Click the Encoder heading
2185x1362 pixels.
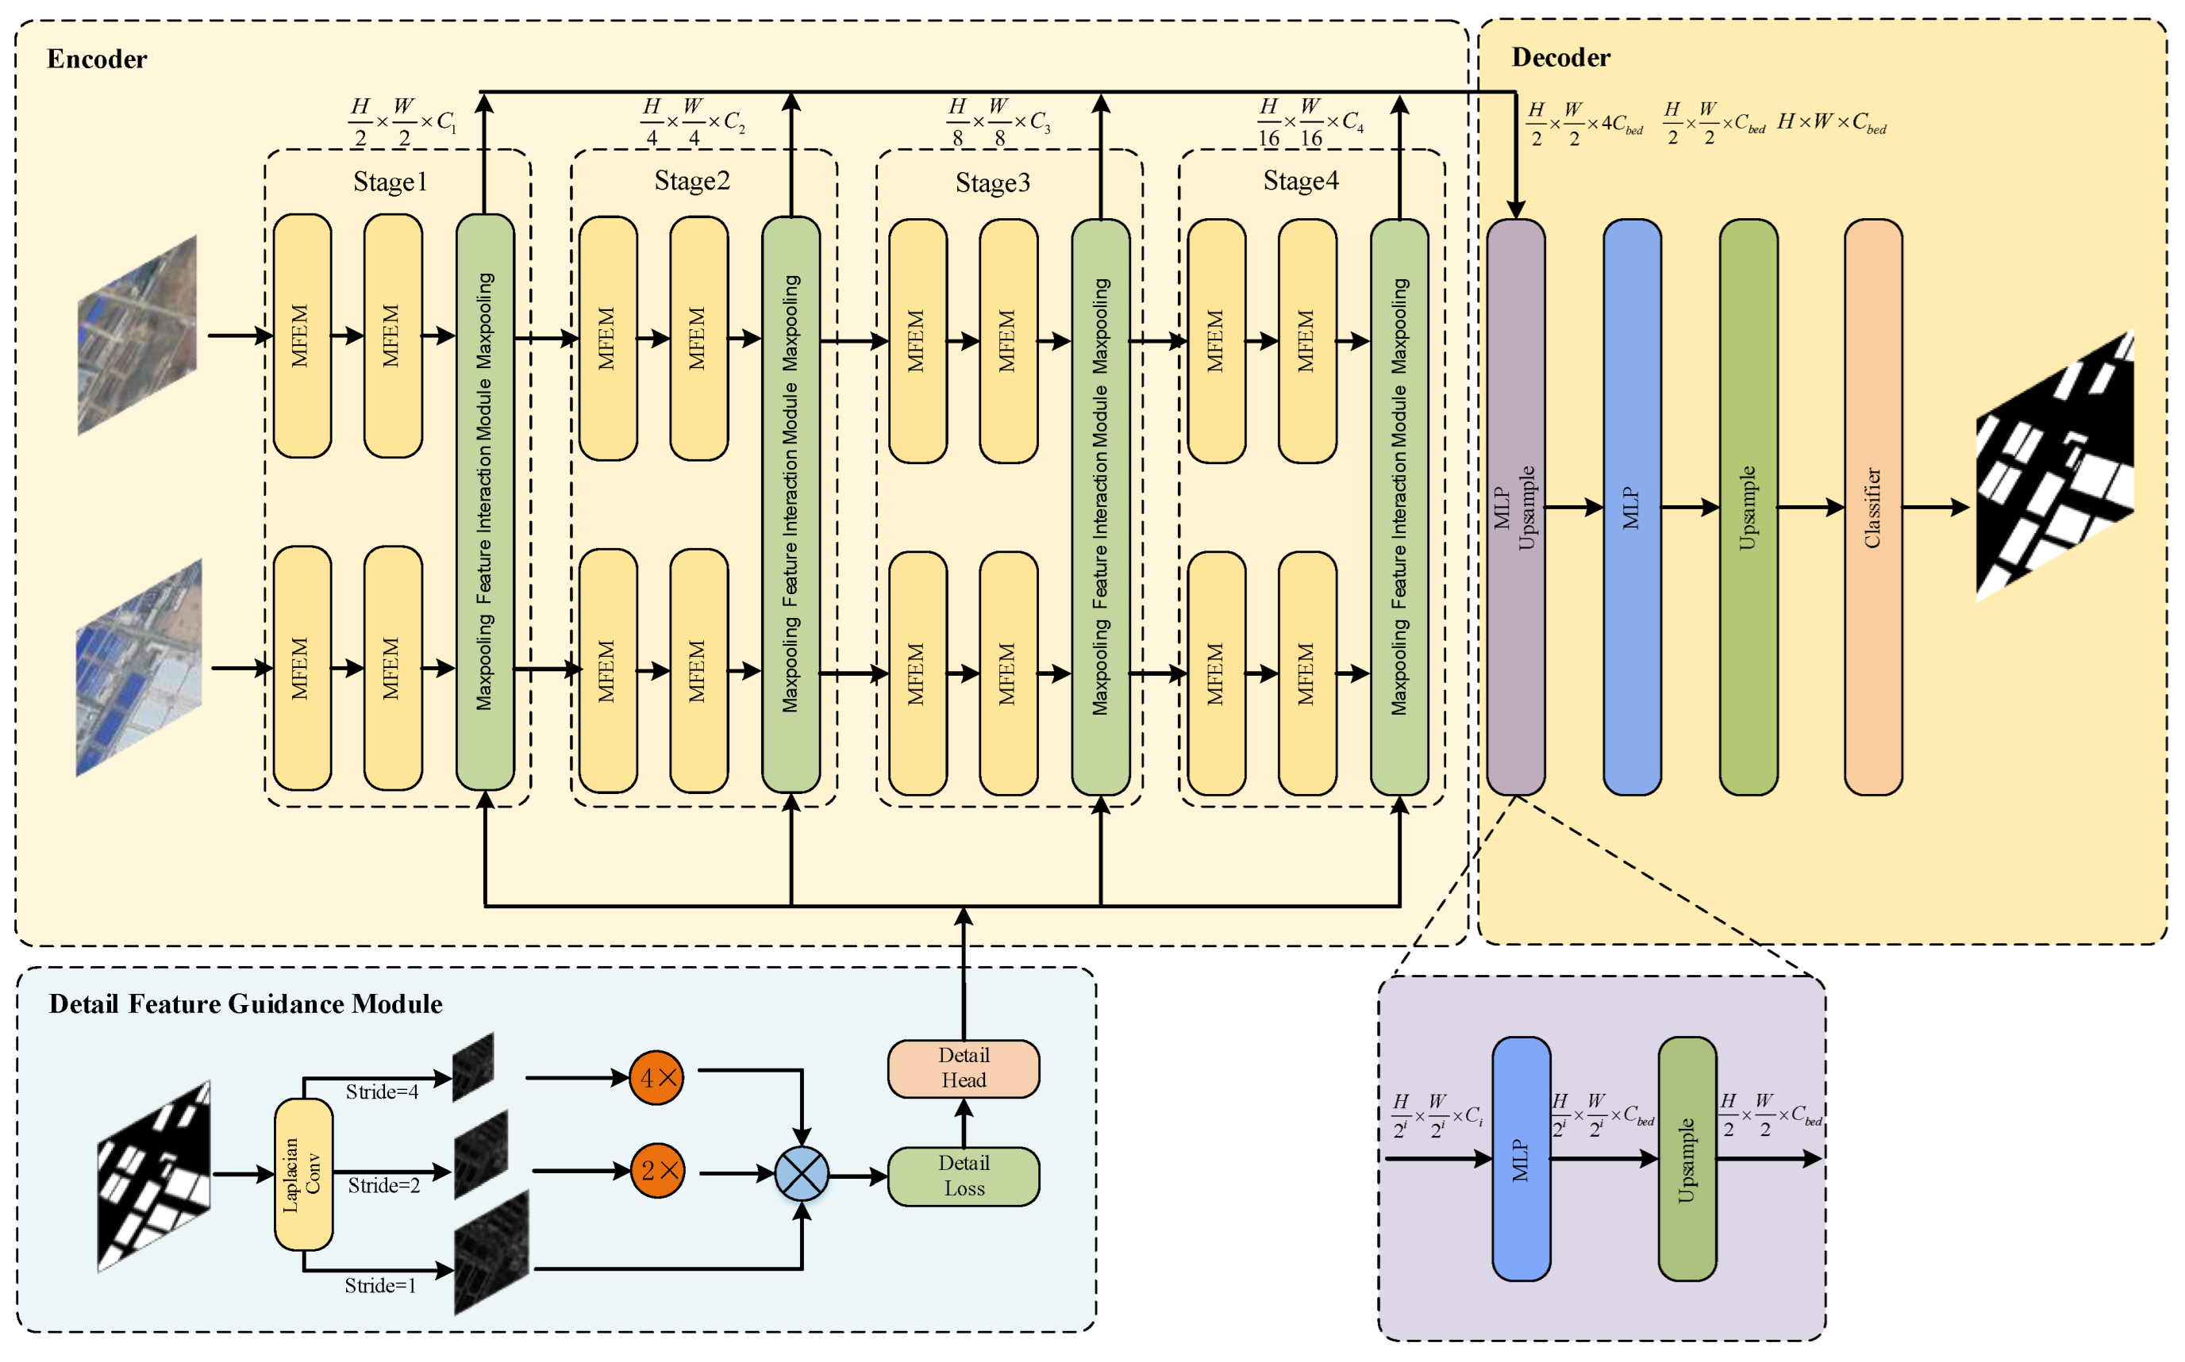pos(96,59)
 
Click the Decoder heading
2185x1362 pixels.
pos(1560,58)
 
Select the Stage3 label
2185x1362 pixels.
pos(992,183)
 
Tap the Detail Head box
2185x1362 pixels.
pos(964,1068)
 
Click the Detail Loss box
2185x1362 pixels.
pos(964,1176)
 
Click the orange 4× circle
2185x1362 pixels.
pos(656,1077)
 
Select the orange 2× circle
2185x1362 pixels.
pos(657,1171)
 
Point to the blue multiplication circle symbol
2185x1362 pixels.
pos(801,1174)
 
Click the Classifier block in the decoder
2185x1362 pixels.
pos(1872,507)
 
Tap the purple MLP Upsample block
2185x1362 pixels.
pos(1516,507)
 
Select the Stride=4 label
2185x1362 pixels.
pos(382,1092)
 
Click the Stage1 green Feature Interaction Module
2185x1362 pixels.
pos(485,502)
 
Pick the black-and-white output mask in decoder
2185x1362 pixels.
pos(2053,469)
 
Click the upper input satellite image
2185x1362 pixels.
pos(137,335)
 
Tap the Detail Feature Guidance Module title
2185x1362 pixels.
pos(245,1004)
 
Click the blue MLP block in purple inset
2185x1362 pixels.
pos(1521,1159)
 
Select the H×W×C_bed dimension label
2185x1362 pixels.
pos(1831,122)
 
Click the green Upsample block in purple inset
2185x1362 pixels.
pos(1687,1159)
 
